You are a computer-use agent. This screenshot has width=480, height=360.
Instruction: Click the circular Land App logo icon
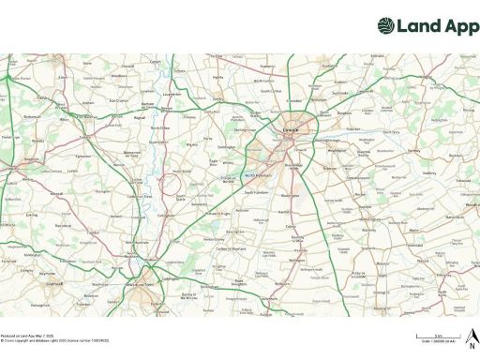coord(385,25)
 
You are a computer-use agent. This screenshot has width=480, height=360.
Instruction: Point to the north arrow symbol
coord(472,337)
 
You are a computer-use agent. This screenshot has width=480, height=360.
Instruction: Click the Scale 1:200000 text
coord(440,343)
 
